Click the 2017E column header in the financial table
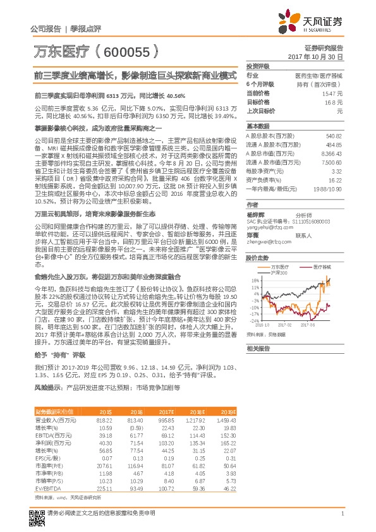pos(166,411)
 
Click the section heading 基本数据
pos(257,126)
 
